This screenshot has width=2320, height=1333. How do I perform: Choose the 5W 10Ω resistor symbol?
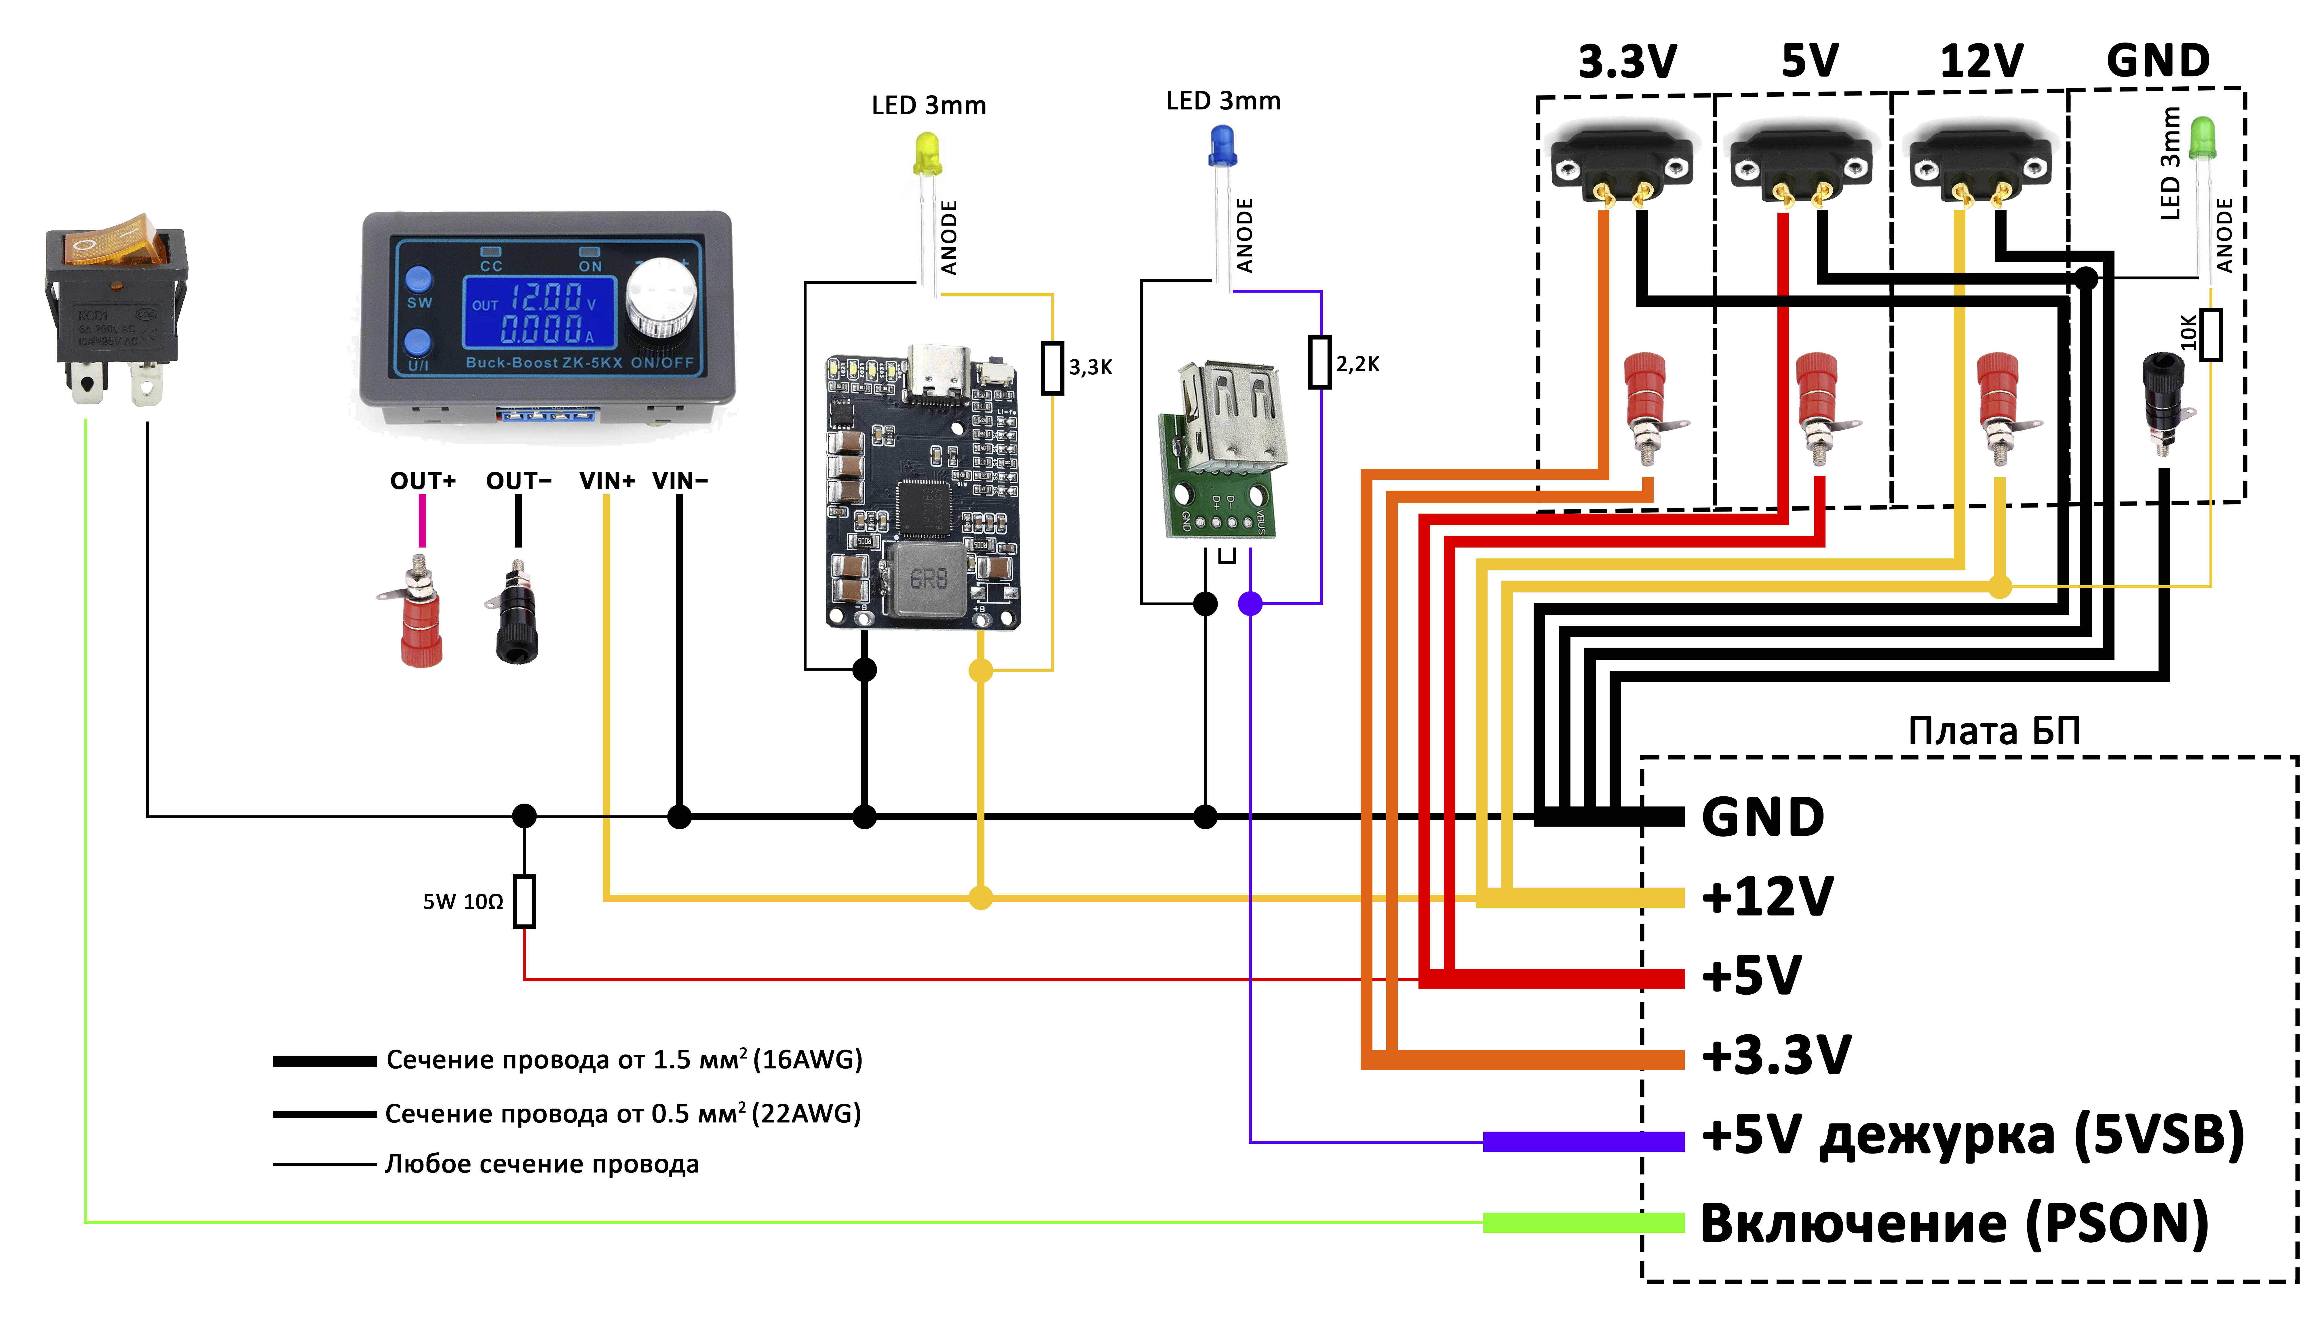[x=524, y=902]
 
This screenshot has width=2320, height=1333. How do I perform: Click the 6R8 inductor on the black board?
[x=928, y=579]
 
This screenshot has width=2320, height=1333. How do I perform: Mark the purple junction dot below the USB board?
[x=1250, y=603]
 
